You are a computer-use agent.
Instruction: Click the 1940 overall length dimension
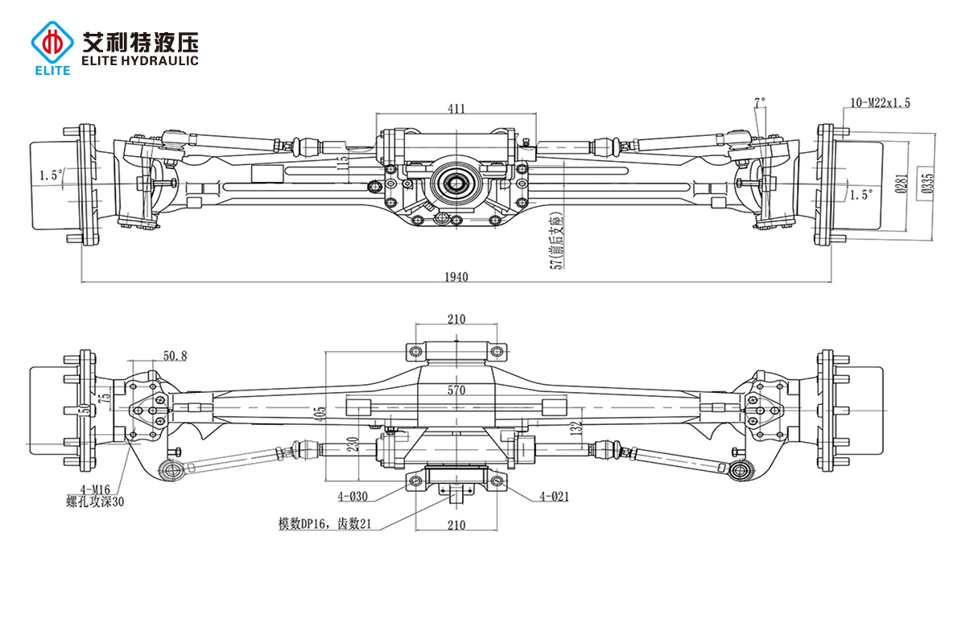(456, 277)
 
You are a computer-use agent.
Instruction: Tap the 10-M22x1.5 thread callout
(880, 102)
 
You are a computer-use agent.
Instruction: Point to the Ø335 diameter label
(927, 184)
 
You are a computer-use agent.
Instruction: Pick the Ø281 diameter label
(903, 184)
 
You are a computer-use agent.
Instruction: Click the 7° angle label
(759, 102)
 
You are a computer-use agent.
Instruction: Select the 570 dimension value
(456, 390)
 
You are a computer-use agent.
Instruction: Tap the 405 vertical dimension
(322, 414)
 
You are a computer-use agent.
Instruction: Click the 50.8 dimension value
(175, 355)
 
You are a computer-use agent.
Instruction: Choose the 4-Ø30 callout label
(352, 496)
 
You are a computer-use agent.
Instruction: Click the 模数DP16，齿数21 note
(326, 524)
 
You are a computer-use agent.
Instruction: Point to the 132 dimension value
(575, 428)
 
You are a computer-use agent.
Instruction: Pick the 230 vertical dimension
(353, 444)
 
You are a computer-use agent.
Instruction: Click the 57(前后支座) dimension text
(555, 242)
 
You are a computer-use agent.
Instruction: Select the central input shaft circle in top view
(456, 183)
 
